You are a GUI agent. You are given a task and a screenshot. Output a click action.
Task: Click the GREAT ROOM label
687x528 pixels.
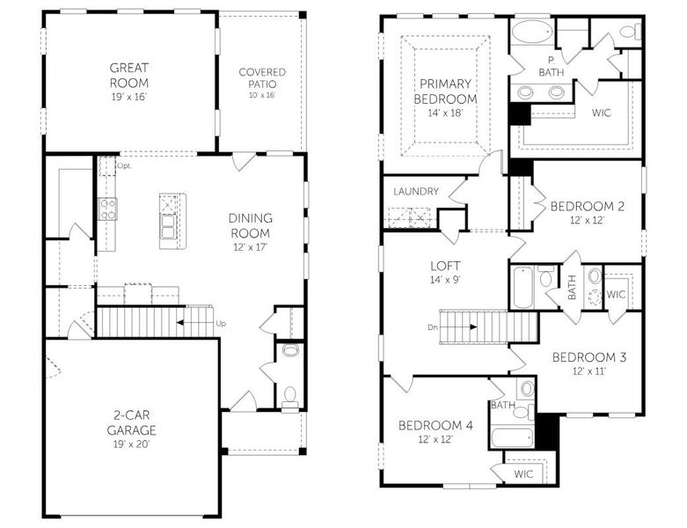point(128,75)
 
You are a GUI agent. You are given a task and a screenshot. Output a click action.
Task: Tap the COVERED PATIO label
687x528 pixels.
point(262,77)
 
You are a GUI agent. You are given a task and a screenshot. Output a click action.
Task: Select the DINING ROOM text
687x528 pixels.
point(250,225)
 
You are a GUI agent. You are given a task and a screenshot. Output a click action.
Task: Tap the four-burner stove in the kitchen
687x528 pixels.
point(107,209)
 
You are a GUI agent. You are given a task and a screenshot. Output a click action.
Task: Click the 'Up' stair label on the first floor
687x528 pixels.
point(220,323)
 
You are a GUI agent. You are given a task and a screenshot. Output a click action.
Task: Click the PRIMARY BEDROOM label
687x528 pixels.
point(445,92)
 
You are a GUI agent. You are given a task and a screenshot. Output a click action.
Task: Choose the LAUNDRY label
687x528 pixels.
point(415,190)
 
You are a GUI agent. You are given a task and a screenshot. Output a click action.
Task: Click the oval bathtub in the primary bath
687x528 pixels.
point(532,33)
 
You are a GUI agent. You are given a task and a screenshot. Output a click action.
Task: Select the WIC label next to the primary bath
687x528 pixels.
point(602,114)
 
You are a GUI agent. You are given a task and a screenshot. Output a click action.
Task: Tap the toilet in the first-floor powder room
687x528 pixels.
point(289,393)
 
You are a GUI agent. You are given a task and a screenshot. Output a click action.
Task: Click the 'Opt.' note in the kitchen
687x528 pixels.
point(123,165)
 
